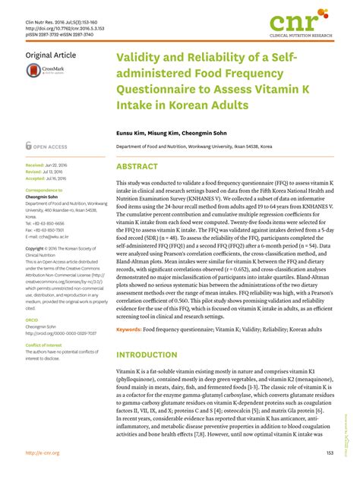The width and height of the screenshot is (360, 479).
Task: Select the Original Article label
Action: tap(52, 55)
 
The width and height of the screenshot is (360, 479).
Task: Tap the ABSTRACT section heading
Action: tap(137, 165)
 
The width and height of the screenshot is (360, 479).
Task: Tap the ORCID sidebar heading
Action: tap(34, 300)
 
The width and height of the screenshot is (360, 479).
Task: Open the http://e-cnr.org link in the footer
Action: tap(44, 453)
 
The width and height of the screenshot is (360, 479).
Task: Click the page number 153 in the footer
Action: tap(330, 453)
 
